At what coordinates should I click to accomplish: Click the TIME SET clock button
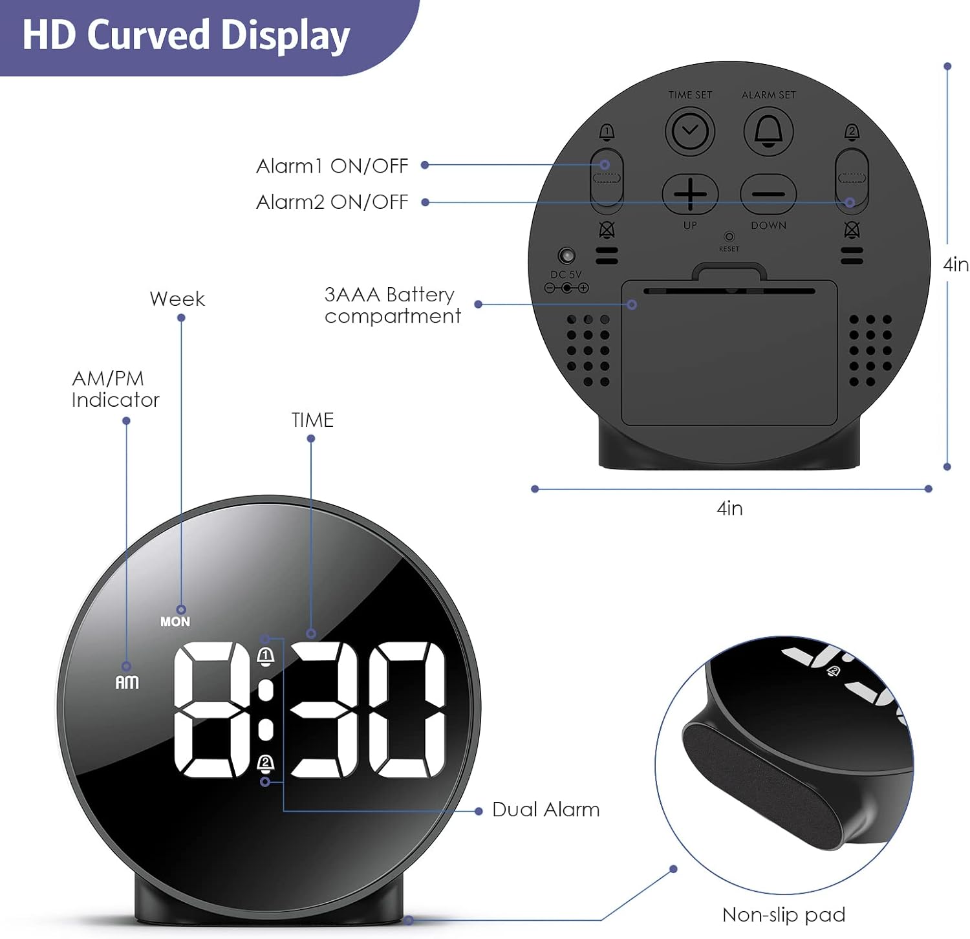[690, 131]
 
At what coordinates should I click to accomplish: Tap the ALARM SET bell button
[768, 131]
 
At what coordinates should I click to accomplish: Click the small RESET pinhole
[729, 237]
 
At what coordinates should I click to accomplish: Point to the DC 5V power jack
[567, 255]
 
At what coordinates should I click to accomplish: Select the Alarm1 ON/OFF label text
[332, 166]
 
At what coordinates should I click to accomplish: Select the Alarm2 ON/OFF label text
[332, 202]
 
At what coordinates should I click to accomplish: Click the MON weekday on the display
[175, 621]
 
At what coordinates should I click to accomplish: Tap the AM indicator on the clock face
[127, 682]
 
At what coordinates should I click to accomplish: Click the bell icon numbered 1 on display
[266, 658]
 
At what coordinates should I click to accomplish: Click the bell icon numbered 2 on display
[266, 764]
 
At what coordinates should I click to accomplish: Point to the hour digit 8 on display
[213, 709]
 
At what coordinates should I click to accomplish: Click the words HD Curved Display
[186, 36]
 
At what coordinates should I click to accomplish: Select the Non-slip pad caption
[784, 914]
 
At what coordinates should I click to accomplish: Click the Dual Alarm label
[546, 810]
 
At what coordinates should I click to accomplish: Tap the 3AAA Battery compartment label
[393, 305]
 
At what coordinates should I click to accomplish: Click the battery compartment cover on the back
[729, 352]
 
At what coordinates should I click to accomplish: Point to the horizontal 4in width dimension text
[729, 508]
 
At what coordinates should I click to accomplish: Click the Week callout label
[177, 299]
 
